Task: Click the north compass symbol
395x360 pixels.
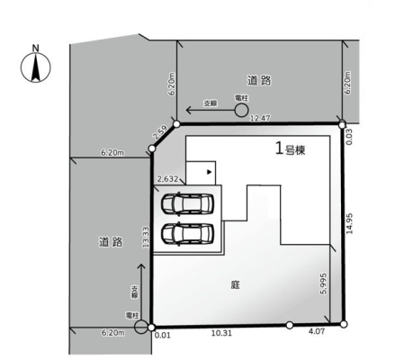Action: tap(36, 67)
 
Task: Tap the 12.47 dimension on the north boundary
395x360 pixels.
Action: tap(260, 118)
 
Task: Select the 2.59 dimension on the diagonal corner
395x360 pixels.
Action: tap(159, 133)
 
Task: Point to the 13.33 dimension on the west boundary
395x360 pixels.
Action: tap(146, 237)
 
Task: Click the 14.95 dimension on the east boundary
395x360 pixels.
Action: tap(349, 223)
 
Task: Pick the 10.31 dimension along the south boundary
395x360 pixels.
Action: tap(221, 333)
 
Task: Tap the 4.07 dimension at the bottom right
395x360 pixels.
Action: tap(317, 331)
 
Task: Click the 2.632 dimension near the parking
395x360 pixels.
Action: tap(168, 179)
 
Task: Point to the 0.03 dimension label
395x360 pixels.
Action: tap(349, 137)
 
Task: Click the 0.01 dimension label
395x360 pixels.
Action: tap(163, 335)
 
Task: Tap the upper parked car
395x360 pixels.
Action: tap(187, 203)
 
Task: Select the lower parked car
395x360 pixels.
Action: tap(187, 234)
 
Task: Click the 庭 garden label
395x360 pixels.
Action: tap(236, 284)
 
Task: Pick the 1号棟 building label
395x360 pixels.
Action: tap(290, 148)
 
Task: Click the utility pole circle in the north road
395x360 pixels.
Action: tap(241, 110)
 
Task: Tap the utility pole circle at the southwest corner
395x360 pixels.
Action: tap(141, 327)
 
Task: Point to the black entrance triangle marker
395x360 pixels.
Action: tap(210, 172)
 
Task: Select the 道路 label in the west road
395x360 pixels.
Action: tap(111, 242)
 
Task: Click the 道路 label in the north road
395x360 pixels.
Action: tap(259, 80)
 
